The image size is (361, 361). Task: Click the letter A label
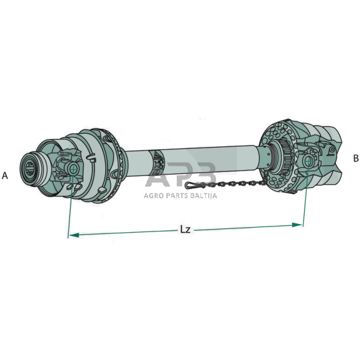click(5, 176)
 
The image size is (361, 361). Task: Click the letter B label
click(355, 158)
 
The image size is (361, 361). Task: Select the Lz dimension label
click(185, 230)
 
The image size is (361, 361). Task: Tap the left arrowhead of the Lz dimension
click(74, 235)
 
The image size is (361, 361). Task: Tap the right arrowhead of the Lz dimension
click(297, 225)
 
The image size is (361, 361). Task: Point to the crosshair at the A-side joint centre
click(73, 169)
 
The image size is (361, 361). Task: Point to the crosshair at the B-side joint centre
click(308, 161)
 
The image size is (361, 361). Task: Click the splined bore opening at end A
click(29, 167)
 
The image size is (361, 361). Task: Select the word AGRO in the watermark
click(153, 196)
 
